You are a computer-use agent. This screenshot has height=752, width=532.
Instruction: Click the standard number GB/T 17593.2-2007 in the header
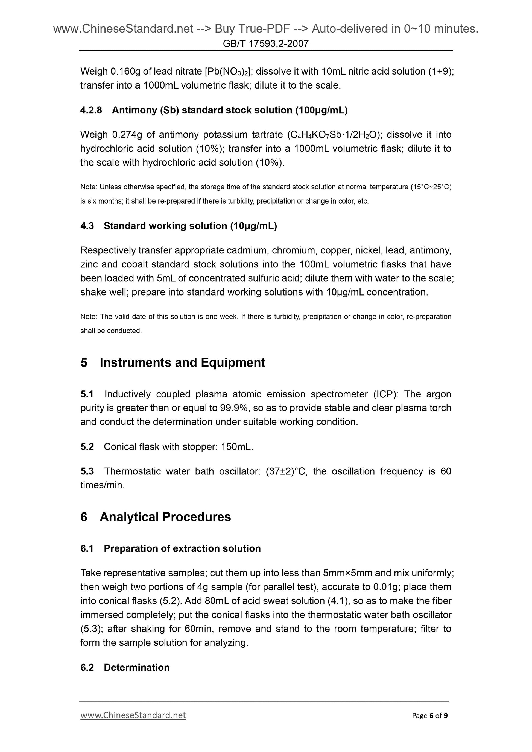point(265,43)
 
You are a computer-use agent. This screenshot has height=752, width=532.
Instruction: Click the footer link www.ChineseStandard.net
point(133,715)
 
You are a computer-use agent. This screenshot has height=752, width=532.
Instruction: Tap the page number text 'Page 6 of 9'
point(430,716)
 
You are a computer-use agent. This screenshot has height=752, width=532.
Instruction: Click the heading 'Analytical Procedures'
point(165,517)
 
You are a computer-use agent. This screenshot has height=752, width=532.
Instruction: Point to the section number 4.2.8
point(91,110)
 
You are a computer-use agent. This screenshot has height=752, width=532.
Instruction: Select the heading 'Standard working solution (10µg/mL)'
point(190,226)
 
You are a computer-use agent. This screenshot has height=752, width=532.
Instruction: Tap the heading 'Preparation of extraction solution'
point(182,548)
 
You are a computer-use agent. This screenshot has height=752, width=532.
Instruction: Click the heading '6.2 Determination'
point(125,668)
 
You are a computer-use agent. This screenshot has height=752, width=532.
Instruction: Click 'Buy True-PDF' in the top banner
point(252,29)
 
